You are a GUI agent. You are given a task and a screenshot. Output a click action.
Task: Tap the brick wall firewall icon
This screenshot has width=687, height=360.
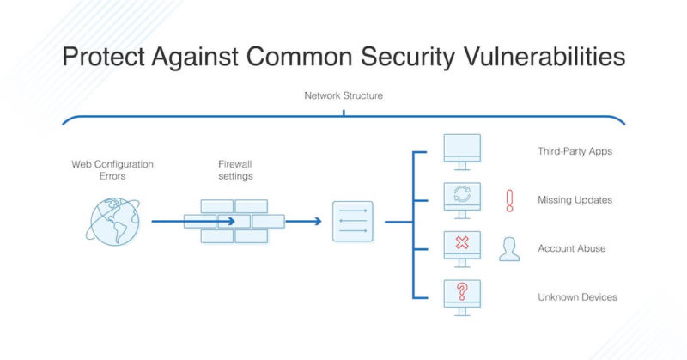point(234,221)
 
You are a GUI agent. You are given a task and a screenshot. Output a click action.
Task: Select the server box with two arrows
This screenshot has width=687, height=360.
point(353,221)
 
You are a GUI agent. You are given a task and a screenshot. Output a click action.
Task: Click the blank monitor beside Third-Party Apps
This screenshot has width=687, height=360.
point(461,152)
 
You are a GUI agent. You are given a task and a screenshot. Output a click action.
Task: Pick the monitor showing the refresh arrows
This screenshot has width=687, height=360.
point(461,199)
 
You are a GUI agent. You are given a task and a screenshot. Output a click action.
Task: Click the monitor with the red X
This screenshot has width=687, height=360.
point(461,247)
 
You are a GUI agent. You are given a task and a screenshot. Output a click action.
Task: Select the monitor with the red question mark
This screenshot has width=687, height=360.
point(461,296)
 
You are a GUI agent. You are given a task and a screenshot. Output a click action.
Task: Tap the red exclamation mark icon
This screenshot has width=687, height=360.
point(509,200)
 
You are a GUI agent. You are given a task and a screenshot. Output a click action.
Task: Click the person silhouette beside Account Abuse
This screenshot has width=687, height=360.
point(509,248)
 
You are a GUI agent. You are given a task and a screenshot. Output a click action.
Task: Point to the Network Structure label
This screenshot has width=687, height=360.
point(343,95)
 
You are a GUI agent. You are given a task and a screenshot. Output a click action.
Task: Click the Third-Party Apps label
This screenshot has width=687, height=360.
point(575,151)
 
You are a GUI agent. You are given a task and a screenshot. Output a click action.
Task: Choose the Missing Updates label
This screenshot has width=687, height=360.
point(574,199)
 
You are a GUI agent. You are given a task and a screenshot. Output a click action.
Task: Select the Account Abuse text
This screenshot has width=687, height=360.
point(571,248)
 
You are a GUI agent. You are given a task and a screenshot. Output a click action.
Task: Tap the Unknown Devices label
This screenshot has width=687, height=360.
point(577,297)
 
